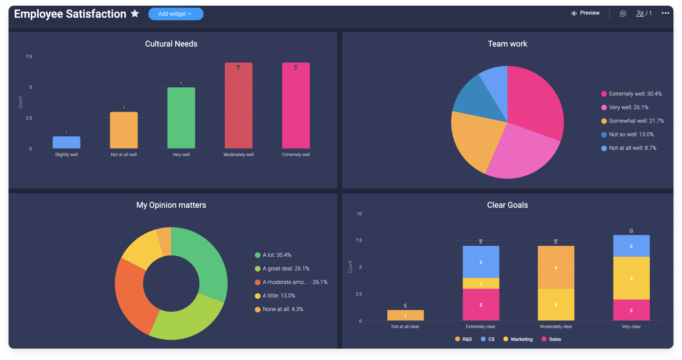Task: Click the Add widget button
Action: tap(175, 14)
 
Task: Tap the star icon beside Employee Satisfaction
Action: tap(135, 13)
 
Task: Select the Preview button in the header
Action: tap(585, 13)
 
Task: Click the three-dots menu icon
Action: tap(665, 13)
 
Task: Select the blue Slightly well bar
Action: tap(66, 142)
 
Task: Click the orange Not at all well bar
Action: tap(124, 130)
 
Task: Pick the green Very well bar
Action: tap(181, 118)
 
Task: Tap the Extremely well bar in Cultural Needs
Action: tap(296, 105)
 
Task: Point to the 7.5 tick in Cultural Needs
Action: tap(29, 56)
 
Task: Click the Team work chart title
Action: tap(507, 44)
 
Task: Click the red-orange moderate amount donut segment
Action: tap(131, 295)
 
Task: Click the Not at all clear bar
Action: tap(405, 315)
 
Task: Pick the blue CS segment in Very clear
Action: tap(631, 246)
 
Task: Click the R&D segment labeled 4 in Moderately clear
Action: tap(556, 267)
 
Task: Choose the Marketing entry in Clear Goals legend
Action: tap(518, 339)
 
